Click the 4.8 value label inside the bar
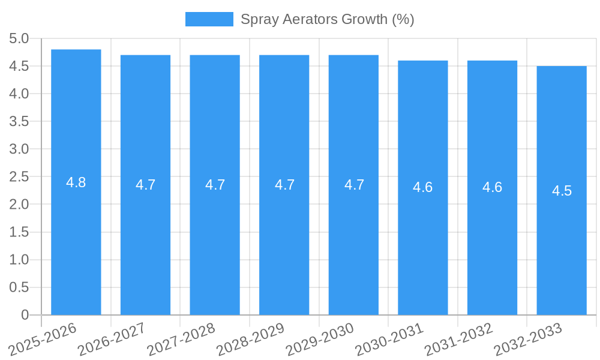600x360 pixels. (x=76, y=182)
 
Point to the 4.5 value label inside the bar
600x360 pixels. (x=562, y=191)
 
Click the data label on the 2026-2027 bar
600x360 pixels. (x=145, y=185)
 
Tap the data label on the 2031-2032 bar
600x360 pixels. (x=492, y=187)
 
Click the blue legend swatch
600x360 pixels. (x=209, y=19)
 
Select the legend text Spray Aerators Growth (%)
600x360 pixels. (x=327, y=19)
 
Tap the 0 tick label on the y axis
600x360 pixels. (x=25, y=315)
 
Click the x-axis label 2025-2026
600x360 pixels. (x=43, y=338)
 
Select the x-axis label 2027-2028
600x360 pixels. (x=181, y=338)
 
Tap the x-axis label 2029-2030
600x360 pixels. (x=320, y=338)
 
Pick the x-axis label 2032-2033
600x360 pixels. (x=528, y=338)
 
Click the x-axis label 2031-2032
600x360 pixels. (x=458, y=338)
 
